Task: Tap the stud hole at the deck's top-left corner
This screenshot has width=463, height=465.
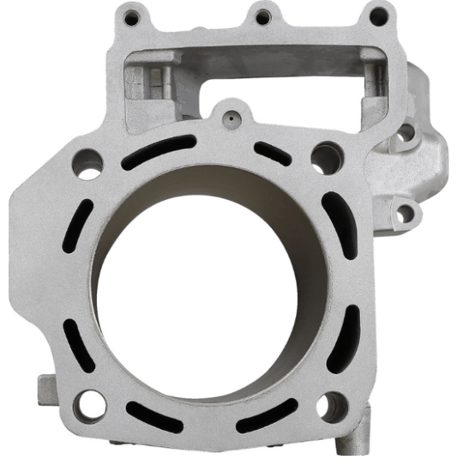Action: click(x=88, y=163)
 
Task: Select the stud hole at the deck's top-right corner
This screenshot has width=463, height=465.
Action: click(x=325, y=157)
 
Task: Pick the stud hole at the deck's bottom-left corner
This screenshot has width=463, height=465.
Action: click(x=88, y=403)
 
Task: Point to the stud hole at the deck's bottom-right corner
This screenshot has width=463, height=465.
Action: click(x=331, y=406)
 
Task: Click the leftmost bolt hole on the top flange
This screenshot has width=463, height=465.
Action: click(x=131, y=17)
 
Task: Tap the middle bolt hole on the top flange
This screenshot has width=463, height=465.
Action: click(x=263, y=16)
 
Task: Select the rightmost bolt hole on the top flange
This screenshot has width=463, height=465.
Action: click(x=376, y=15)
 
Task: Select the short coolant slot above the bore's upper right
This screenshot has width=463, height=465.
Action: click(x=273, y=152)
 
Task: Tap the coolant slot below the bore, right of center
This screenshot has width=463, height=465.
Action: click(x=266, y=420)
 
